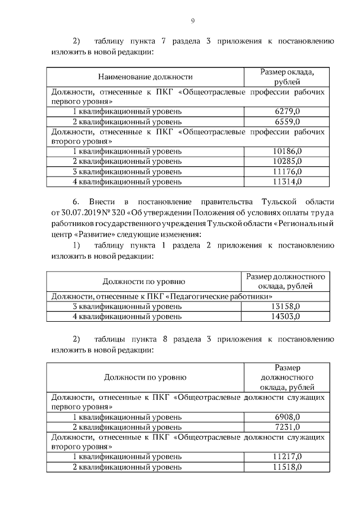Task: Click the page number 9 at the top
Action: point(192,21)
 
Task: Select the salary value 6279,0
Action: point(286,111)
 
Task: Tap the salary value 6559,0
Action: point(286,121)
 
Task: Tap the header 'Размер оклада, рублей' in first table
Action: point(286,76)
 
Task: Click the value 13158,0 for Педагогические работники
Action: point(285,307)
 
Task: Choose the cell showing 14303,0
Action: point(285,317)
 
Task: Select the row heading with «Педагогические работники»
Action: point(163,296)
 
